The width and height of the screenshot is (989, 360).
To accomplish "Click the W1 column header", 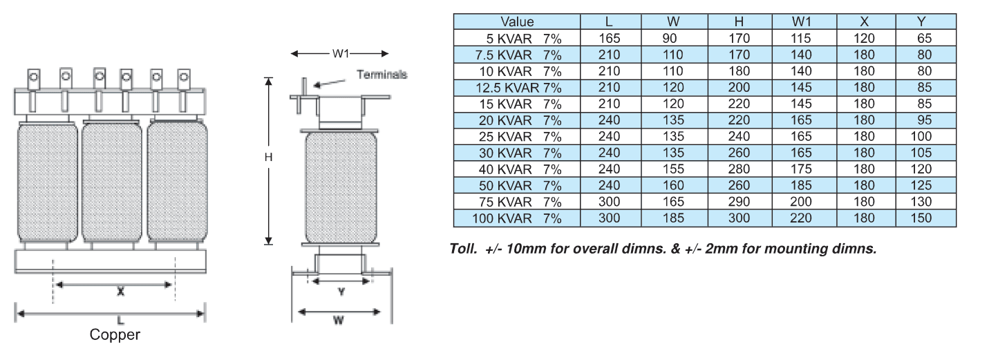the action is pyautogui.click(x=801, y=21).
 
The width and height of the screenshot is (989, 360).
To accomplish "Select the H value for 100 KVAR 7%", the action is pyautogui.click(x=739, y=218).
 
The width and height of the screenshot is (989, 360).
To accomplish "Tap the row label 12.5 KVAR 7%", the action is pyautogui.click(x=518, y=88).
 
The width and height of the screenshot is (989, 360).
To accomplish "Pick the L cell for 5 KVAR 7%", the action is pyautogui.click(x=610, y=39).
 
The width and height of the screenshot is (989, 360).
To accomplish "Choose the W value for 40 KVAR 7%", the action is pyautogui.click(x=673, y=169).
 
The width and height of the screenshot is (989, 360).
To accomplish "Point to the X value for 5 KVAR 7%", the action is pyautogui.click(x=864, y=39).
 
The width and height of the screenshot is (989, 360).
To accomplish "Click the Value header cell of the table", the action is pyautogui.click(x=517, y=21).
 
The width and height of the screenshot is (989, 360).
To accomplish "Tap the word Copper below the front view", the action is pyautogui.click(x=115, y=334).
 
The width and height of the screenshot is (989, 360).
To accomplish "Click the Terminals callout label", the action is pyautogui.click(x=382, y=75).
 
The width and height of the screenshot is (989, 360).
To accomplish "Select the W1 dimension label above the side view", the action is pyautogui.click(x=341, y=54).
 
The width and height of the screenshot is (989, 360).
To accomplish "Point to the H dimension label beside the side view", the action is pyautogui.click(x=268, y=157).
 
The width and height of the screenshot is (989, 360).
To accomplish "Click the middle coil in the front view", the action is pyautogui.click(x=112, y=182).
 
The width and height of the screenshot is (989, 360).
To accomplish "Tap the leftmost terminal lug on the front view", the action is pyautogui.click(x=34, y=90).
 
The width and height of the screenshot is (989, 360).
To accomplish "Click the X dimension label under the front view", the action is pyautogui.click(x=120, y=291).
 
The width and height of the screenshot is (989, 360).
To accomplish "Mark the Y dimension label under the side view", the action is pyautogui.click(x=341, y=292).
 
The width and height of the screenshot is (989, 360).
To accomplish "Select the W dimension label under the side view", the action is pyautogui.click(x=338, y=320).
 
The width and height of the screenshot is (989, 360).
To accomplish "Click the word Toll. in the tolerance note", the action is pyautogui.click(x=463, y=249).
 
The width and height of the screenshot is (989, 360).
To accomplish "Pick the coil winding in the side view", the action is pyautogui.click(x=341, y=187).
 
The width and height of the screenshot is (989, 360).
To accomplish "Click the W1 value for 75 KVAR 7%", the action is pyautogui.click(x=800, y=202).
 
